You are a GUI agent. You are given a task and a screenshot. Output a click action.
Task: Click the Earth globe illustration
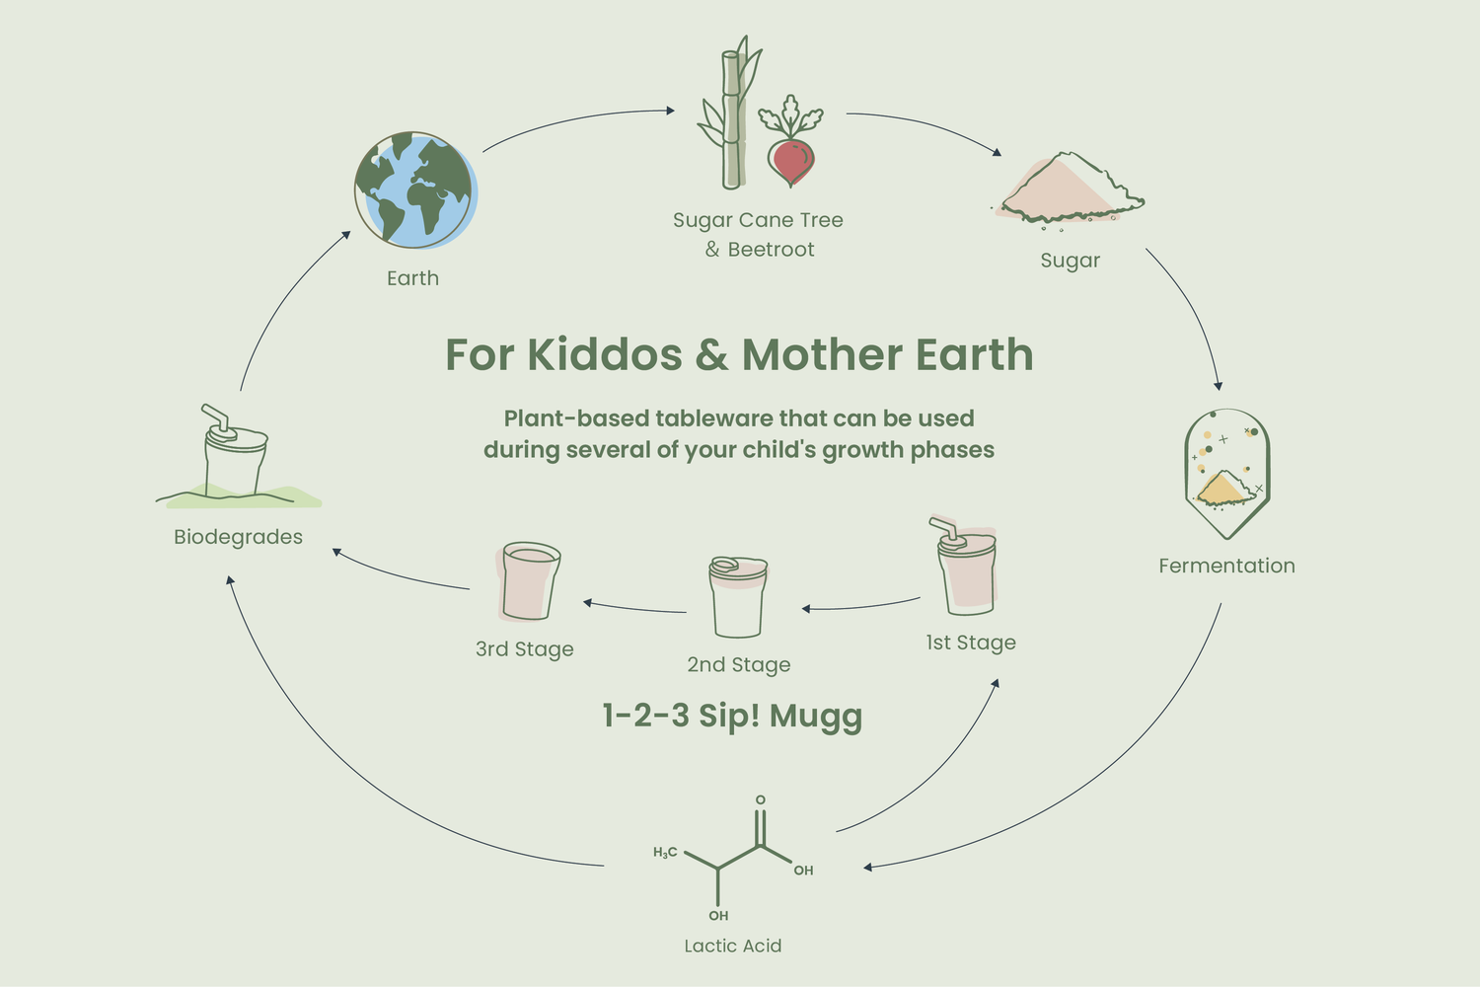[415, 190]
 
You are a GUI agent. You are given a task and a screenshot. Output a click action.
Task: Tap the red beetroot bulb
[791, 161]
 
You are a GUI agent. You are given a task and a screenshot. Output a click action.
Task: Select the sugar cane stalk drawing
[730, 113]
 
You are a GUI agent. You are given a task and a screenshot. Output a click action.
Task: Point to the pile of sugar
[1071, 189]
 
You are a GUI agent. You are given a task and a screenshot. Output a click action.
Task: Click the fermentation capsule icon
[1227, 474]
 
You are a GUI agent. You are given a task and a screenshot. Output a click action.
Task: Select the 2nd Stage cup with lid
[738, 597]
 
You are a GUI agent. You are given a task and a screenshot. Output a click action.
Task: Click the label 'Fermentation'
[1227, 566]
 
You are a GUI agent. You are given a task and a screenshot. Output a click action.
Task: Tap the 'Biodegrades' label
[238, 537]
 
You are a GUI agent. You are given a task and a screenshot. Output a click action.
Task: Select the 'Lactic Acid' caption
[733, 946]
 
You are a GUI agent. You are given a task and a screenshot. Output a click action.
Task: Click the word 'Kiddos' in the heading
[604, 354]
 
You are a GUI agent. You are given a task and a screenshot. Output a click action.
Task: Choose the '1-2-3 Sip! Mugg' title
[732, 717]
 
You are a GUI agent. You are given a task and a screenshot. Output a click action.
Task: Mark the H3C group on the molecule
[665, 852]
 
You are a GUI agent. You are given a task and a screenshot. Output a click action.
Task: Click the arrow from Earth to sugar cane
[576, 121]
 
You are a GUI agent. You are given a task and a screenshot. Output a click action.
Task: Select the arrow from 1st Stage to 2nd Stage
[860, 605]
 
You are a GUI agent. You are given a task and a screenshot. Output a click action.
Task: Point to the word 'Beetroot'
[771, 250]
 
